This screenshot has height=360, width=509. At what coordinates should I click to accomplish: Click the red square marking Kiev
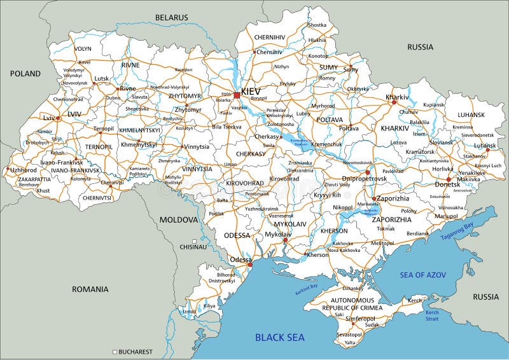pyautogui.click(x=237, y=95)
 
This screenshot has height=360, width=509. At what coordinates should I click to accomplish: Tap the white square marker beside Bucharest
pyautogui.click(x=115, y=351)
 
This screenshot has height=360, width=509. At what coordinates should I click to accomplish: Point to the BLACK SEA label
pyautogui.click(x=280, y=337)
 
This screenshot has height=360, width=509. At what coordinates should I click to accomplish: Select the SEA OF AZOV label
pyautogui.click(x=423, y=274)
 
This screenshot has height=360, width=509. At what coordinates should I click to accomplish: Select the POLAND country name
pyautogui.click(x=25, y=74)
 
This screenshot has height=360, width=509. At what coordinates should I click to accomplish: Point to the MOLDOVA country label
pyautogui.click(x=179, y=219)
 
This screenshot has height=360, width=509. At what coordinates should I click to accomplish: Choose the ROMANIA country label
pyautogui.click(x=90, y=289)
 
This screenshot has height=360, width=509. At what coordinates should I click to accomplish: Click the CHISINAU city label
pyautogui.click(x=193, y=246)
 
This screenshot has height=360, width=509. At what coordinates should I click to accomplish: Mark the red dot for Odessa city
pyautogui.click(x=250, y=265)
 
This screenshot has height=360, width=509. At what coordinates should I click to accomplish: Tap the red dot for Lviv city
pyautogui.click(x=58, y=118)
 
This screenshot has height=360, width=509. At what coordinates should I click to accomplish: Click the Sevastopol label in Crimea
pyautogui.click(x=349, y=334)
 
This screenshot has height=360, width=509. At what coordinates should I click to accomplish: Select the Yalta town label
pyautogui.click(x=350, y=343)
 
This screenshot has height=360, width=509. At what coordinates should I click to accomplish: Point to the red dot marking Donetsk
pyautogui.click(x=448, y=179)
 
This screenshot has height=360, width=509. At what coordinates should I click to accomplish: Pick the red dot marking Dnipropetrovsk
pyautogui.click(x=368, y=172)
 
